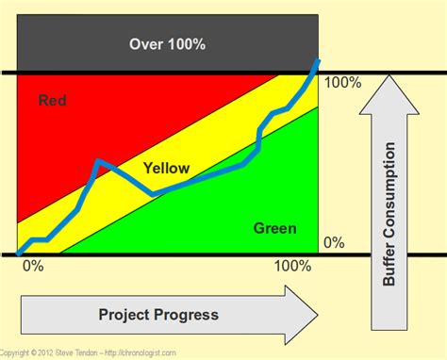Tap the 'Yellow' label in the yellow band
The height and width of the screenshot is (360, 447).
pos(166,169)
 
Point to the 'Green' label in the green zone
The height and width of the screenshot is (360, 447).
pos(274,228)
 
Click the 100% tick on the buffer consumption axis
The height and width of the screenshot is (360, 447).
pos(341,82)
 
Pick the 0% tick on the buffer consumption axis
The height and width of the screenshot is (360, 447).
pos(334,242)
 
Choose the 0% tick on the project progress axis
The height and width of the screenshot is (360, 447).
pos(32,266)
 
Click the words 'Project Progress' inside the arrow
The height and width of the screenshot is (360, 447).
pos(157,314)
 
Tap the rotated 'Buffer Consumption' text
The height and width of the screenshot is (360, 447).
pos(389,215)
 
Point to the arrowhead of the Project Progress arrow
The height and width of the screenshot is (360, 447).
pos(306,314)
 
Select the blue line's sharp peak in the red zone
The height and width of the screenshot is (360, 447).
pos(97,162)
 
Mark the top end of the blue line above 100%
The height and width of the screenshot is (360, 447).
pos(319,60)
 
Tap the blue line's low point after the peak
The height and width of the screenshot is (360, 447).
pos(154,193)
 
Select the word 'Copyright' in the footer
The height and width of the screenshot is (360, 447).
pos(18,353)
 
